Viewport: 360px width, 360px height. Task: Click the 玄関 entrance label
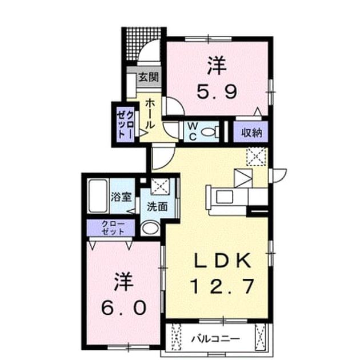pos(149,77)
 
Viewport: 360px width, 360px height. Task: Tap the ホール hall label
pos(150,114)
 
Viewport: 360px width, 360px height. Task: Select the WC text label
pos(193,131)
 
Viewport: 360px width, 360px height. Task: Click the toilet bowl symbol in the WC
pos(209,131)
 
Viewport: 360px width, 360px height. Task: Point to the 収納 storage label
pos(251,133)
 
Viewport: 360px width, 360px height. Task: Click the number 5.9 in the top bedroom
pos(217,91)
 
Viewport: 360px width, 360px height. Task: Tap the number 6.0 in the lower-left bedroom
pos(124,308)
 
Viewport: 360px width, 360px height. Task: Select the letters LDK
pos(222,260)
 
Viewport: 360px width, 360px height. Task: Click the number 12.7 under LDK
pos(222,286)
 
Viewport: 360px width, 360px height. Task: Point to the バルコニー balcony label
pos(215,339)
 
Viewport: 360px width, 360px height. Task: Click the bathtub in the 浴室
pos(98,196)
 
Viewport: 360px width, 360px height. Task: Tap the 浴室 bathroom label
pos(121,197)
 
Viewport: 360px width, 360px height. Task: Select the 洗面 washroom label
pos(157,207)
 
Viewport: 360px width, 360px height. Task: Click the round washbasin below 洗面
pos(150,227)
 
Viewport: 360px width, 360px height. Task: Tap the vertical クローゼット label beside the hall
pos(125,124)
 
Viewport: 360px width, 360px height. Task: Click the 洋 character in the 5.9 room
pos(217,66)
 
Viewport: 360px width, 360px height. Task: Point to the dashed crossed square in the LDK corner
pos(256,157)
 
